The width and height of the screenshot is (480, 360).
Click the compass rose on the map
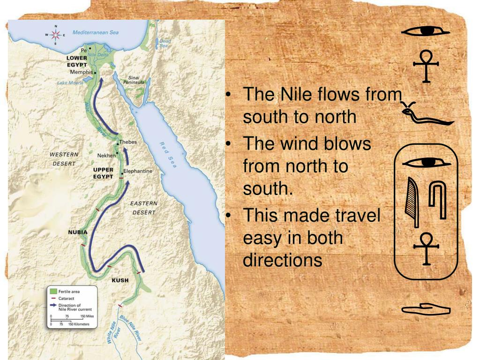[x=56, y=35]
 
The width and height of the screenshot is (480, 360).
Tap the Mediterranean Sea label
[x=96, y=33]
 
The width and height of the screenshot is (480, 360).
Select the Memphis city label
[x=81, y=72]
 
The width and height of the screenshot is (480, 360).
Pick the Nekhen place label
[x=105, y=155]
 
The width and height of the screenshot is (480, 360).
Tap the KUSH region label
[x=120, y=280]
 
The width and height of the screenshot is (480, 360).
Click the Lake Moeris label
[x=69, y=83]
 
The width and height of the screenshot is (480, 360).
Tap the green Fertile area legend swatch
[x=53, y=292]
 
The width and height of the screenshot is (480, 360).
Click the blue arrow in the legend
[x=53, y=305]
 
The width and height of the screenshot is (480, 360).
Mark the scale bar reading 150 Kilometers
[x=75, y=324]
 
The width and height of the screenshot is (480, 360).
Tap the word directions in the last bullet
[x=283, y=260]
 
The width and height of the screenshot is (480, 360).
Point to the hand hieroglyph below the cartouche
[x=426, y=309]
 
